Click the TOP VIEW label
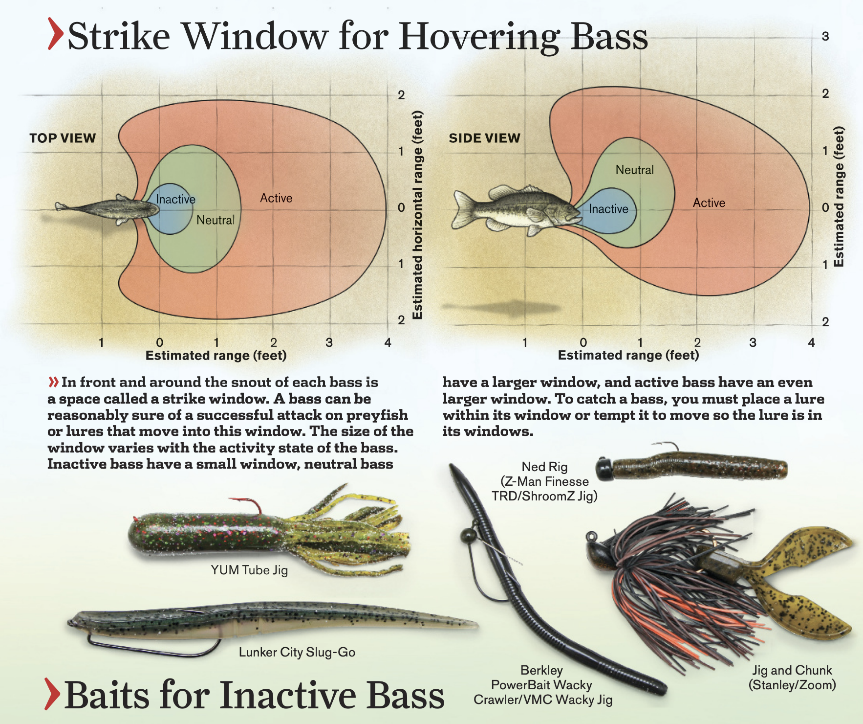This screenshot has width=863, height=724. tap(63, 138)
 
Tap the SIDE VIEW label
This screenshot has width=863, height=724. tap(485, 138)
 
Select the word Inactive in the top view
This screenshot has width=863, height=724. tap(175, 199)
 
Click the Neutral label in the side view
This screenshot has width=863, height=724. tap(635, 170)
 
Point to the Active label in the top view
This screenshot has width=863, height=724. tap(276, 198)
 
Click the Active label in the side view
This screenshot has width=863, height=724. tap(709, 203)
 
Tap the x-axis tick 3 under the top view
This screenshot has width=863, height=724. tap(329, 342)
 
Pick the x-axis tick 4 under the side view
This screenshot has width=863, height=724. tap(812, 342)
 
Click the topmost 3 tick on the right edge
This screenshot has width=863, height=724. tap(825, 36)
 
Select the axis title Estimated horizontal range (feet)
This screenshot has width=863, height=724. tap(417, 215)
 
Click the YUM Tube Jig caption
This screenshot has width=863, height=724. tap(249, 570)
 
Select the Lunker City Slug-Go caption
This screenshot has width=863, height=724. tap(297, 652)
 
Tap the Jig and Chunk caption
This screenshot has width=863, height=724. tap(792, 678)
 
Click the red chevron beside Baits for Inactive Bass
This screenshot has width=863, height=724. tap(52, 694)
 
